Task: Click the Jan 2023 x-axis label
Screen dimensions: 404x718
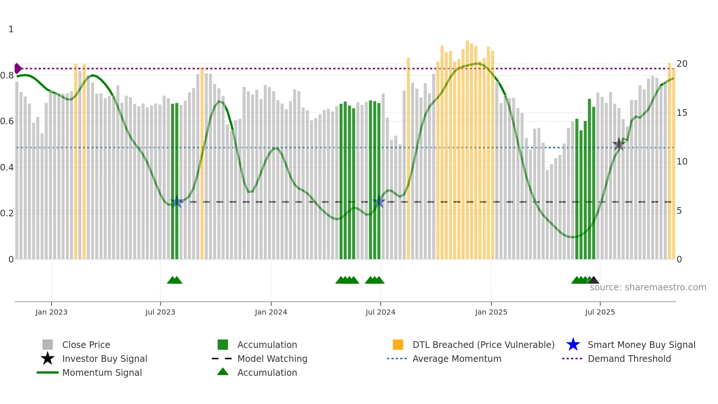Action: (x=51, y=312)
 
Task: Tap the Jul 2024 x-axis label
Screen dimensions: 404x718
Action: (x=380, y=312)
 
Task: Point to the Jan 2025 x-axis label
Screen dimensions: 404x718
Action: (x=491, y=312)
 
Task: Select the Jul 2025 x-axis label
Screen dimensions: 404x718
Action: (x=600, y=312)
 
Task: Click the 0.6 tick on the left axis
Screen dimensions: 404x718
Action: (x=7, y=121)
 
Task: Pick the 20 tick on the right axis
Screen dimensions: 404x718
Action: (x=682, y=64)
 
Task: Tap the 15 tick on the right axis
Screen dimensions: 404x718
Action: (x=682, y=113)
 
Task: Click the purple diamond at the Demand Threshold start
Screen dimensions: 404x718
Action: (x=18, y=69)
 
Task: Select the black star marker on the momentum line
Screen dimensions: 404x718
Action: (x=619, y=144)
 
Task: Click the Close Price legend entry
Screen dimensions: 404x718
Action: (x=86, y=345)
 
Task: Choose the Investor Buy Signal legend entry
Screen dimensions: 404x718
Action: (x=104, y=359)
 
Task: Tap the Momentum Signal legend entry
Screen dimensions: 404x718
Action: (x=102, y=372)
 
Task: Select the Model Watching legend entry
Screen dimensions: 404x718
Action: (x=272, y=359)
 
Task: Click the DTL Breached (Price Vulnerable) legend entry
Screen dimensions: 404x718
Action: (x=483, y=345)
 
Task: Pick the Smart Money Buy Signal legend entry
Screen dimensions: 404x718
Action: (x=641, y=345)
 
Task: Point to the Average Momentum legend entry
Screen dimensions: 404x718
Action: (x=457, y=359)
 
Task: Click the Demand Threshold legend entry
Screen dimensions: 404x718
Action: (x=629, y=359)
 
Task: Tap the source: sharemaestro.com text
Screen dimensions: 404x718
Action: (x=648, y=287)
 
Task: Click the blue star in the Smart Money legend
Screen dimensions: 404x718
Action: (x=573, y=345)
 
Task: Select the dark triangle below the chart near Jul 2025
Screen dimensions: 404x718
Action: (x=593, y=280)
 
